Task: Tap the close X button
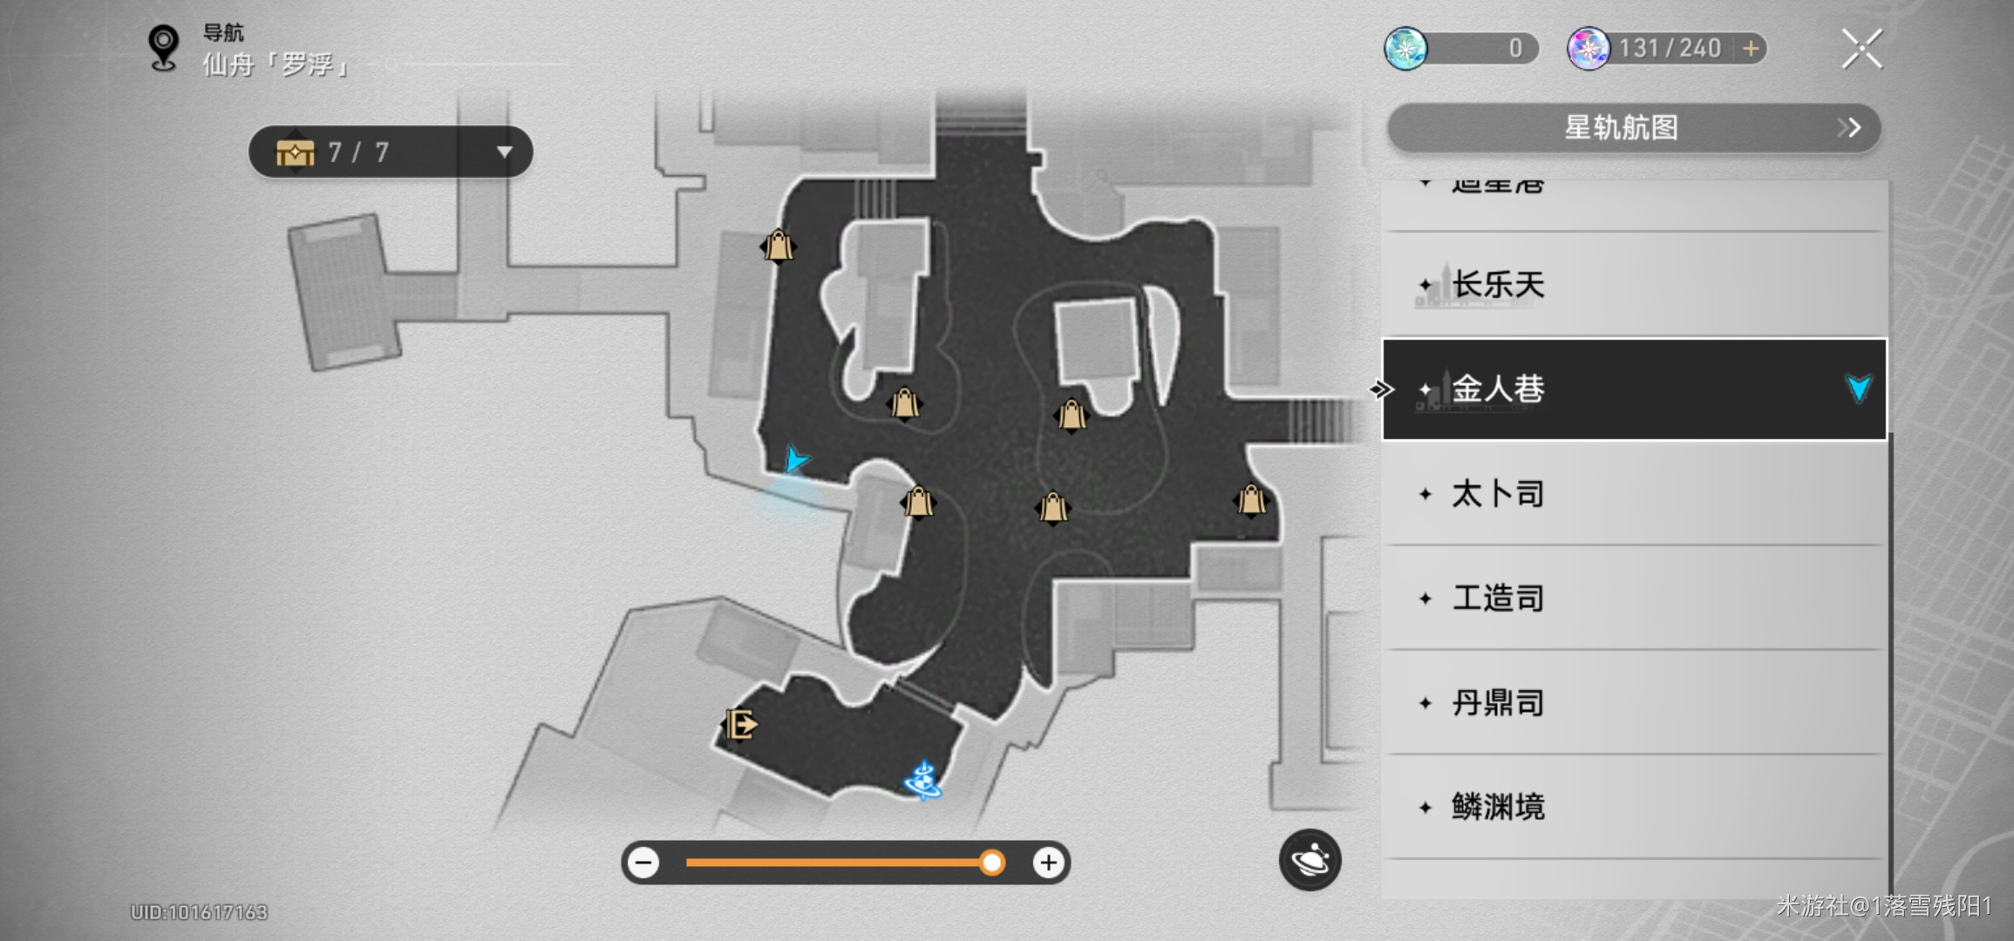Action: tap(1861, 49)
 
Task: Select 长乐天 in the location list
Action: tap(1498, 285)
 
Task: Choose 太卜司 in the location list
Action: tap(1498, 494)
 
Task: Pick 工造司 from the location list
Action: tap(1498, 599)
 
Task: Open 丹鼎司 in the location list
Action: tap(1498, 703)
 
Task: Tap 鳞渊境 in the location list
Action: tap(1498, 808)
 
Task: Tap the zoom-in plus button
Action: tap(1048, 863)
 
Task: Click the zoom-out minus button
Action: tap(644, 863)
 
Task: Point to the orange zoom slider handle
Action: tap(991, 863)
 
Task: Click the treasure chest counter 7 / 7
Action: tap(357, 152)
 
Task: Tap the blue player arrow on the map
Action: tap(794, 458)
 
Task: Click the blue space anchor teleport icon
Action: tap(923, 781)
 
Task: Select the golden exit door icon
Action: tap(740, 724)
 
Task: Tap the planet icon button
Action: tap(1310, 860)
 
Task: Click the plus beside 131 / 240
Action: tap(1751, 49)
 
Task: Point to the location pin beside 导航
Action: tap(163, 47)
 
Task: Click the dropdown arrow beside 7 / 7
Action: tap(504, 152)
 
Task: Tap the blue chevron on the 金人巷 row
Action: tap(1858, 389)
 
